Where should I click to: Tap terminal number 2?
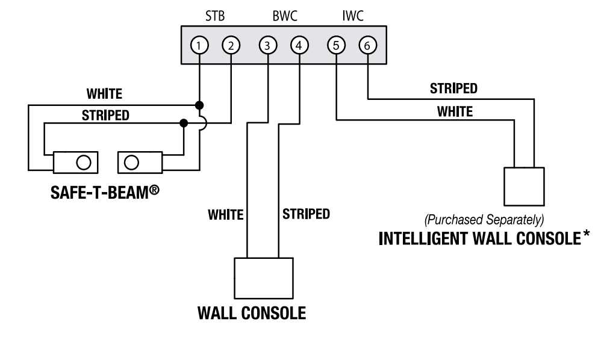coord(231,45)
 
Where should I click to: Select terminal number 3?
coord(267,45)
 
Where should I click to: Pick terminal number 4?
coord(299,45)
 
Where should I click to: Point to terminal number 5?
coord(335,45)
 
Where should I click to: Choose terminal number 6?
coord(367,45)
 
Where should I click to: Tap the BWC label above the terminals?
coord(284,16)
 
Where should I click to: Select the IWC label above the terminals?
coord(352,16)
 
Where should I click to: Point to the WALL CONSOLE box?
coord(263,278)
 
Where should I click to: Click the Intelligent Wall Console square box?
coord(524,187)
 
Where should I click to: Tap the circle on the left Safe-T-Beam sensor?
coord(84,161)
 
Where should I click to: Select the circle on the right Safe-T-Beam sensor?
coord(131,161)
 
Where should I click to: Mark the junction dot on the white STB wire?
coord(199,105)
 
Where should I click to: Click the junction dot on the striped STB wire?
coord(184,123)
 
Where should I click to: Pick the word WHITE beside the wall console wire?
coord(225,214)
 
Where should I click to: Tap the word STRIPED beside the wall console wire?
coord(306,214)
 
